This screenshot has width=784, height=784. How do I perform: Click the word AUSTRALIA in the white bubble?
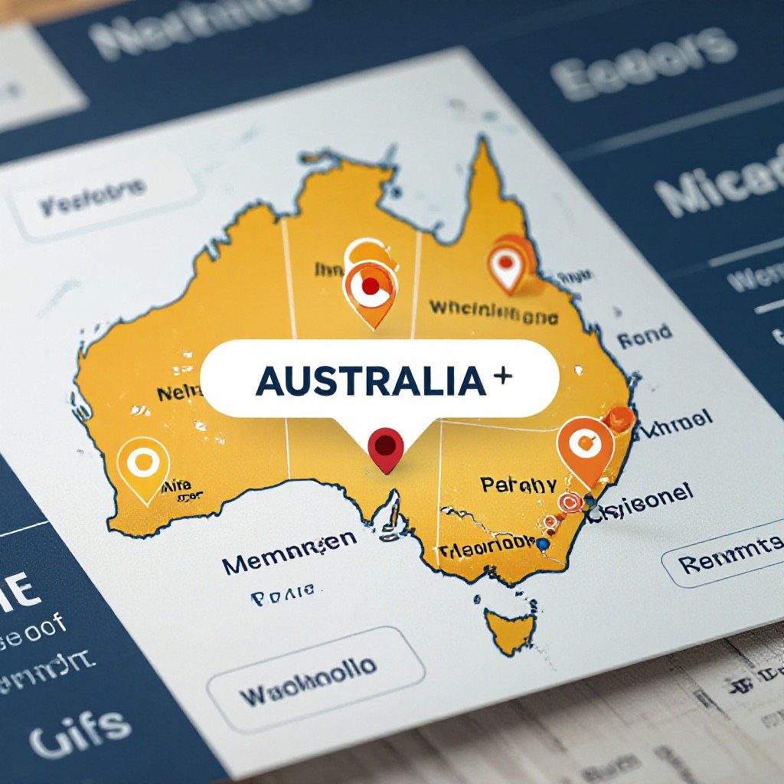coord(371,381)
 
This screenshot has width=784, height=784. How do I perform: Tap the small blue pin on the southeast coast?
coord(543,543)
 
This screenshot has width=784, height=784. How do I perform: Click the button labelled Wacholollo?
coord(308,673)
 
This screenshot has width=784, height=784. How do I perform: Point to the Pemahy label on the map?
coord(518,485)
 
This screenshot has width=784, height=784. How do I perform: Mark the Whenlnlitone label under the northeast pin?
coord(492,310)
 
